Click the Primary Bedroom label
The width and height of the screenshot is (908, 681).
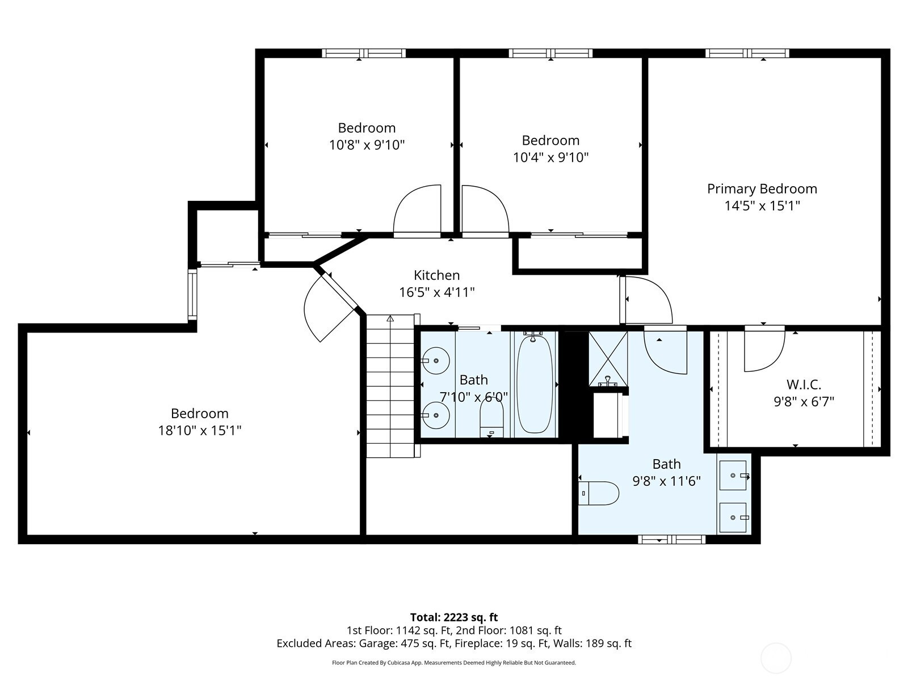(762, 189)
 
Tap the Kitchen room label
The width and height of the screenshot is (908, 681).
(437, 275)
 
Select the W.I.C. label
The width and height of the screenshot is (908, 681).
(804, 385)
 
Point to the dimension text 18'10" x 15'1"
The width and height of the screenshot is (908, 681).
(199, 431)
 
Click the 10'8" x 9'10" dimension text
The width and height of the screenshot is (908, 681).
(367, 145)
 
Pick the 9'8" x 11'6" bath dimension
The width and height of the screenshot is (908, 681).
(666, 481)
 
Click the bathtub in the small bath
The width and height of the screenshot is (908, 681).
(535, 384)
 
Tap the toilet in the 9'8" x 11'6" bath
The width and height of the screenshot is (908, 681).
(598, 493)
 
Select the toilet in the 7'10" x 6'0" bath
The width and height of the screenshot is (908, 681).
(491, 417)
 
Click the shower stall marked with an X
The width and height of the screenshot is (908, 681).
(608, 359)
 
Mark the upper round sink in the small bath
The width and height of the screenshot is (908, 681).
(436, 361)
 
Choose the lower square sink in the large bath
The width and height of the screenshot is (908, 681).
(733, 518)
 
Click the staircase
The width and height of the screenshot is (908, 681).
(390, 386)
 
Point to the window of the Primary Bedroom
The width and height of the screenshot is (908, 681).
(747, 53)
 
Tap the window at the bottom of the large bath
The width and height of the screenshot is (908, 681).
(671, 540)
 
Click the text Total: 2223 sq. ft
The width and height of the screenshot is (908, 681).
(454, 617)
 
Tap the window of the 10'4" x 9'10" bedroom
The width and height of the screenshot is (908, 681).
(550, 53)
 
